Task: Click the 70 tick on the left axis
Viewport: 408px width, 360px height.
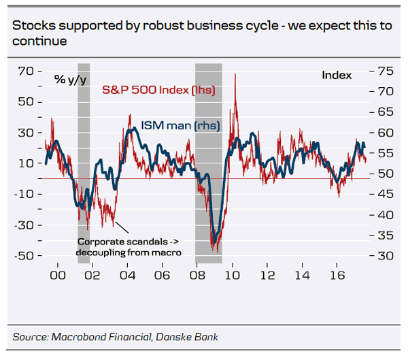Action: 26,71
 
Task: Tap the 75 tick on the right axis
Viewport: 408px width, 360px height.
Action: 385,71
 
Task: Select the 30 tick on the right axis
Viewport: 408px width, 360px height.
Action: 385,256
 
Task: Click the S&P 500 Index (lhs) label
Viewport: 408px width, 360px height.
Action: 158,90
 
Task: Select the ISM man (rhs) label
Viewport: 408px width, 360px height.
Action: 180,125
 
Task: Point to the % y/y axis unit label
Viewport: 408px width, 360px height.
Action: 70,80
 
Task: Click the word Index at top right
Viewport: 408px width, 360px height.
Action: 337,75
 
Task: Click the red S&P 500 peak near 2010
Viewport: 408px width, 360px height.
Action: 235,75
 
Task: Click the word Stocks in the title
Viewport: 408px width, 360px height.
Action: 31,27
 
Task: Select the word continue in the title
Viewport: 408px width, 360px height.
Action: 39,42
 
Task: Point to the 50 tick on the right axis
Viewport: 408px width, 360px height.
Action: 385,174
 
